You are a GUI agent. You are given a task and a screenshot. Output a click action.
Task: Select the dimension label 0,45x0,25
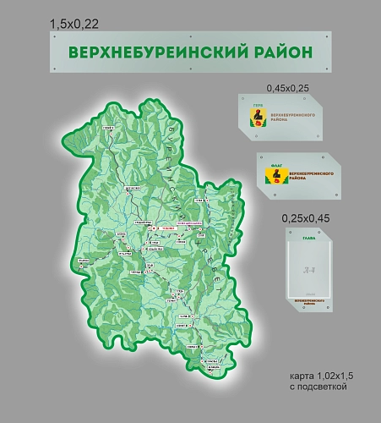289,87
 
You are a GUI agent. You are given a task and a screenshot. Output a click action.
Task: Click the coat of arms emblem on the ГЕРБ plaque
257,117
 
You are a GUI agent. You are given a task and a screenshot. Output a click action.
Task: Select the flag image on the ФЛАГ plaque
275,176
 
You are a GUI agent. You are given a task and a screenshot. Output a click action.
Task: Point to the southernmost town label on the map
214,368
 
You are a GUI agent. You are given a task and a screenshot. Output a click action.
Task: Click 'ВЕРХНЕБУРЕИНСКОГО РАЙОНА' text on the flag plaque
308,177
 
